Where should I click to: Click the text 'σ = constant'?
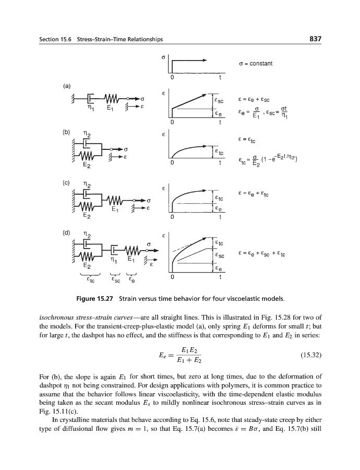[x=255, y=64]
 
